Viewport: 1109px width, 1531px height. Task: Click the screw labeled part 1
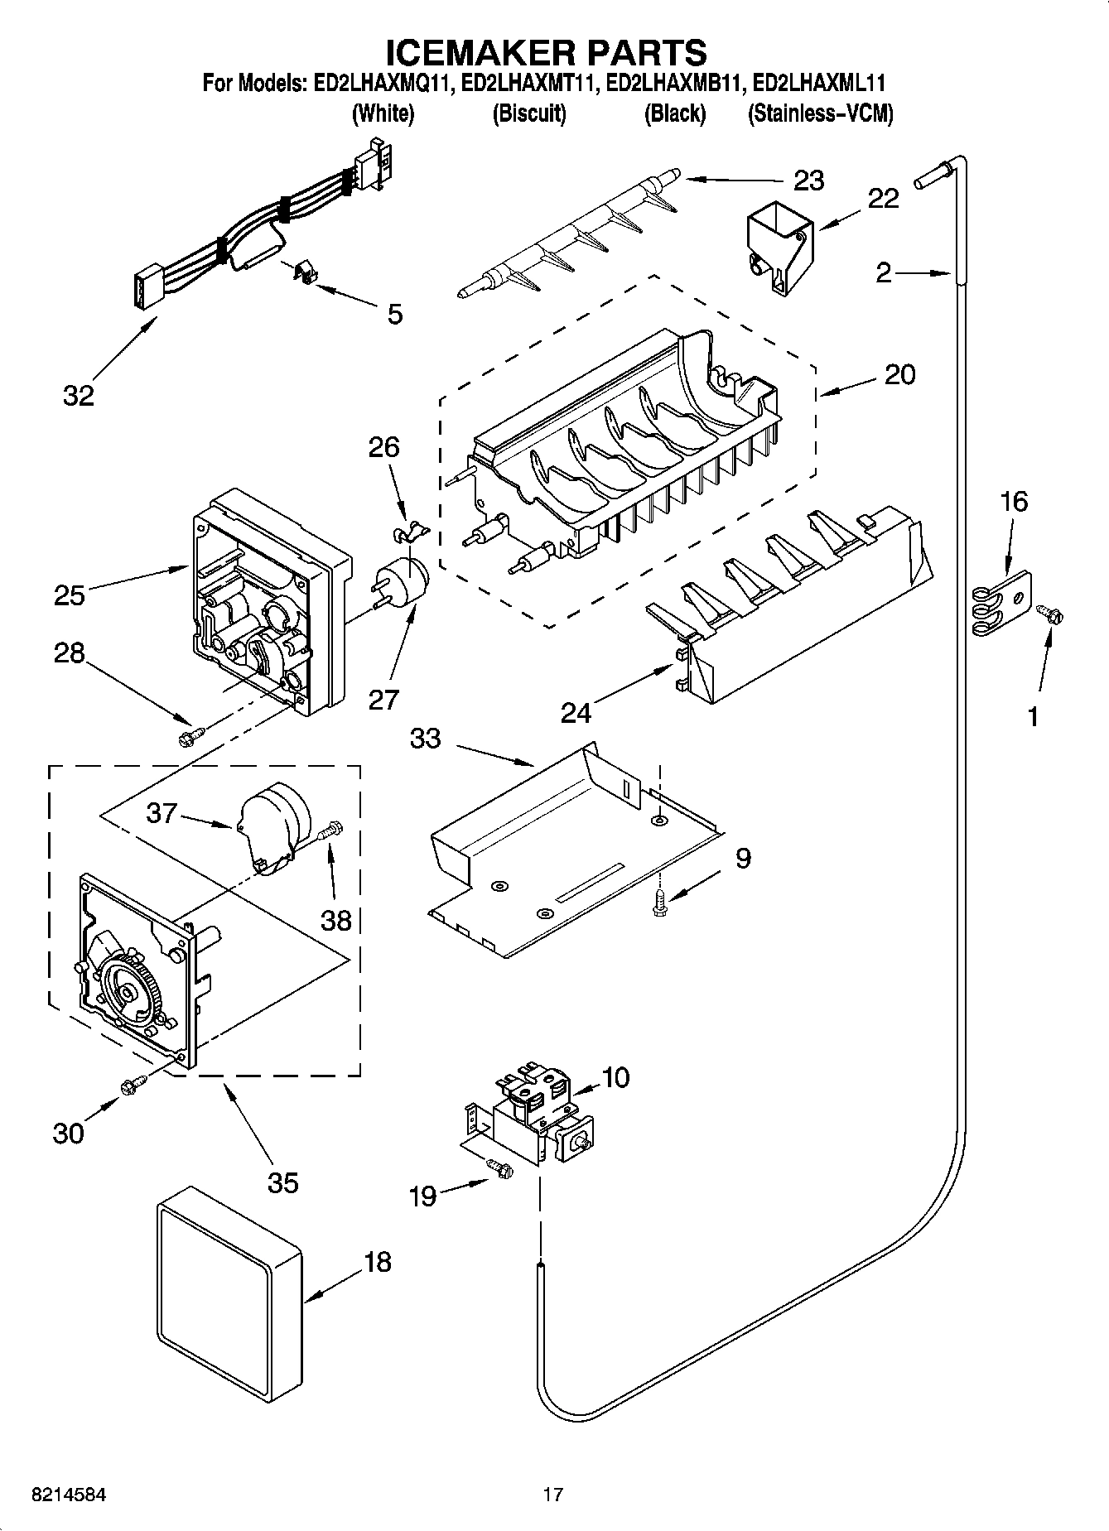click(1051, 614)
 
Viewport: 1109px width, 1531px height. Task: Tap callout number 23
click(808, 180)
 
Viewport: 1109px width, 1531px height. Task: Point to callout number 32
click(79, 395)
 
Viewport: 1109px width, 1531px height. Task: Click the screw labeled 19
click(500, 1168)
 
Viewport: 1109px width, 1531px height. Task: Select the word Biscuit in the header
click(529, 113)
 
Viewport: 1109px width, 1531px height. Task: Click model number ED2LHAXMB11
click(675, 83)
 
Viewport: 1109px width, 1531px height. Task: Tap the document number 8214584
click(68, 1495)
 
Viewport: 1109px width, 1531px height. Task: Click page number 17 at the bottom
click(552, 1495)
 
